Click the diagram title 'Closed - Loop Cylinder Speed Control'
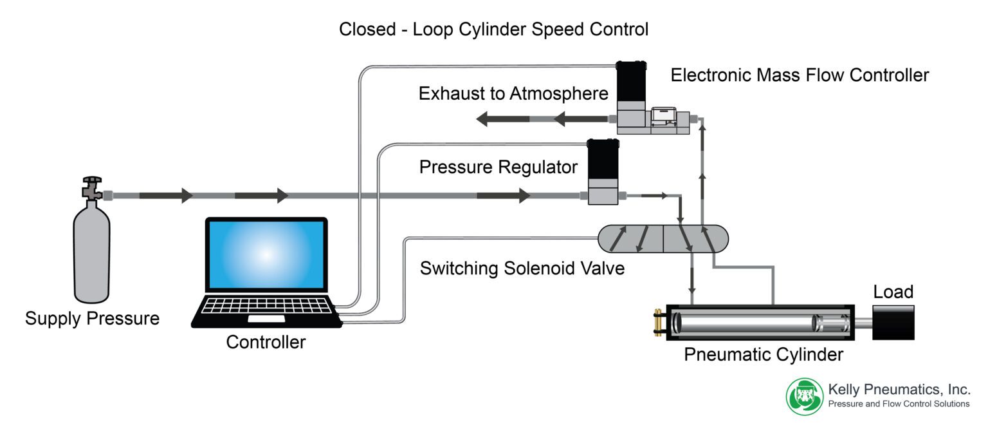(493, 30)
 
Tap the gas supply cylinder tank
(92, 254)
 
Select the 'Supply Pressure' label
(92, 318)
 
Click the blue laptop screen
(266, 254)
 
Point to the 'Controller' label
(266, 342)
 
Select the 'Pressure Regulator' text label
(498, 167)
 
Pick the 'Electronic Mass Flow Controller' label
(800, 75)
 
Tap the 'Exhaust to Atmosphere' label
(513, 94)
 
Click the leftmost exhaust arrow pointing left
(502, 119)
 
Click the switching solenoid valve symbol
(663, 239)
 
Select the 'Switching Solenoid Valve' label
(522, 268)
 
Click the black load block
(893, 322)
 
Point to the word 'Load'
(893, 292)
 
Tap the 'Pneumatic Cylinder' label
(763, 354)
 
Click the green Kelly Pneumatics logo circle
(805, 395)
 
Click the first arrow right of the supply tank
(166, 195)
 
